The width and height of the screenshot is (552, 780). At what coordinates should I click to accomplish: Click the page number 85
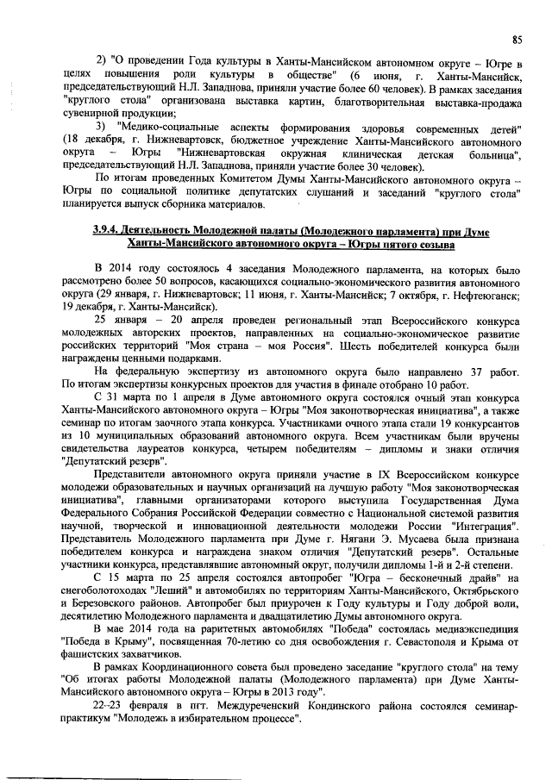(x=517, y=39)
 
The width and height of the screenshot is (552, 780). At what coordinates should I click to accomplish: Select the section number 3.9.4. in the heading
(x=109, y=232)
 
